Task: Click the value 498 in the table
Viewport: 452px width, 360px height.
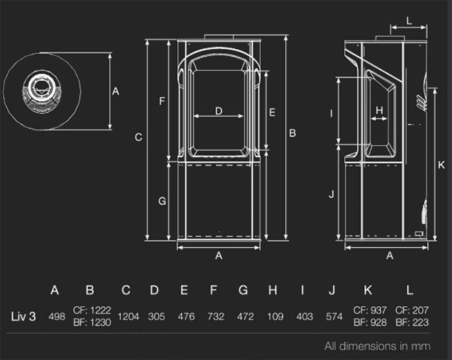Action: click(x=56, y=316)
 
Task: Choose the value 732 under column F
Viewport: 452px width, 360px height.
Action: click(x=215, y=316)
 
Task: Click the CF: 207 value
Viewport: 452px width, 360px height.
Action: click(x=410, y=311)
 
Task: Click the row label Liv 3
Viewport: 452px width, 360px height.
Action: click(x=23, y=316)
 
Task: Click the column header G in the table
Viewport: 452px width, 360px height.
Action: click(x=243, y=290)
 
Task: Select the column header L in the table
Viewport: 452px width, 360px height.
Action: click(x=410, y=290)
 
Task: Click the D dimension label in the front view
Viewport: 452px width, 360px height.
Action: click(x=219, y=111)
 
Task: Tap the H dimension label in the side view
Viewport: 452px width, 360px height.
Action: click(x=380, y=110)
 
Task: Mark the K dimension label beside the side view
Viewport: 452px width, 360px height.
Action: click(x=441, y=164)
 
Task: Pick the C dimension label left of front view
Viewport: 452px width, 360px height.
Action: click(x=138, y=137)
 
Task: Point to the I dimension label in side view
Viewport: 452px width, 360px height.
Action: click(x=331, y=114)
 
